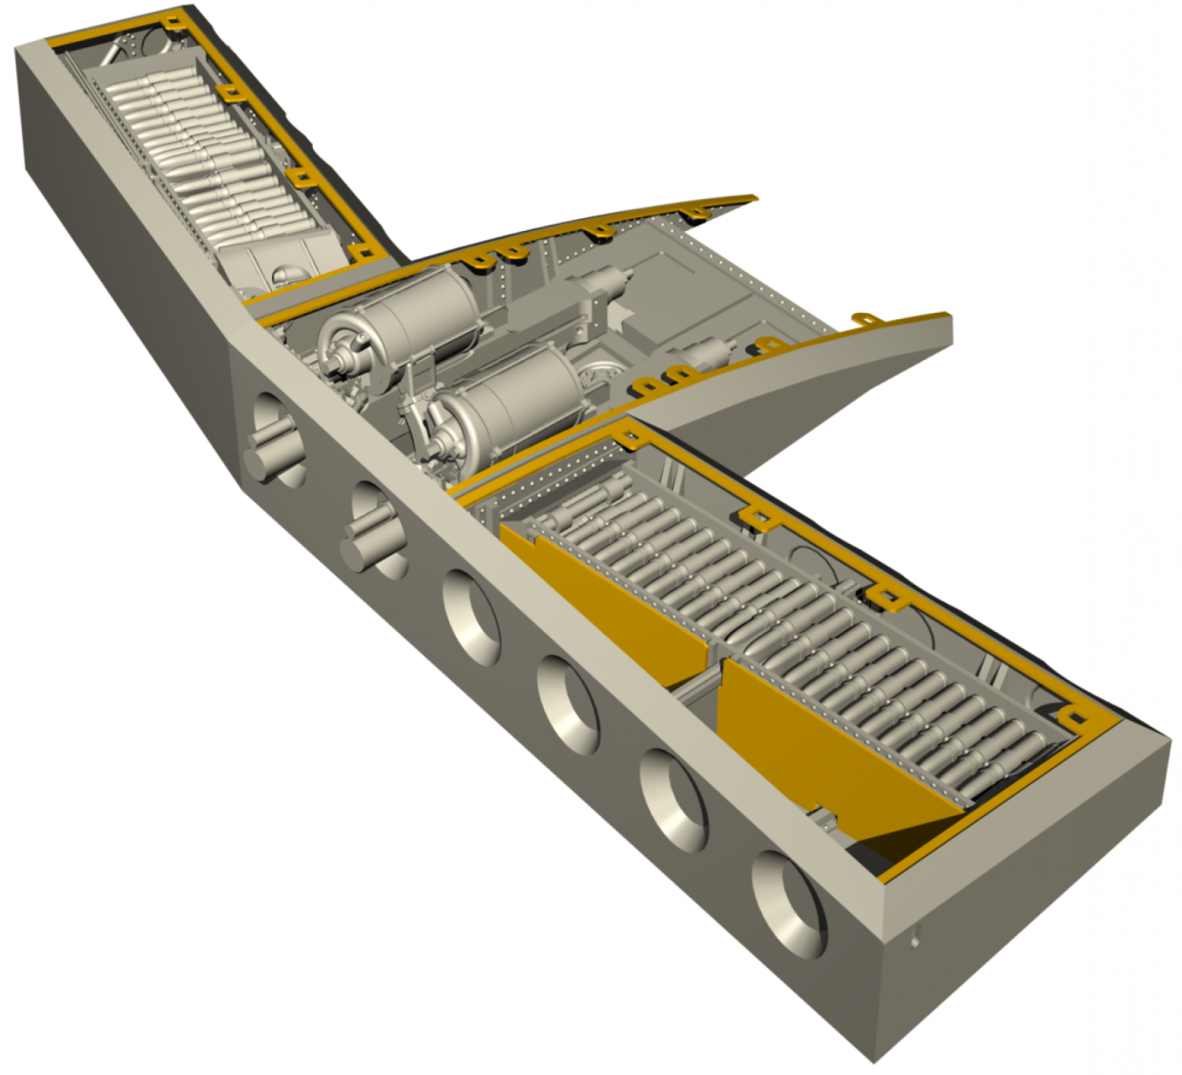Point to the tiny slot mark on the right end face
click(x=916, y=935)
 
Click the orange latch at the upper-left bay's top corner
click(x=173, y=20)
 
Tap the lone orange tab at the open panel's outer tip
click(x=866, y=319)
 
